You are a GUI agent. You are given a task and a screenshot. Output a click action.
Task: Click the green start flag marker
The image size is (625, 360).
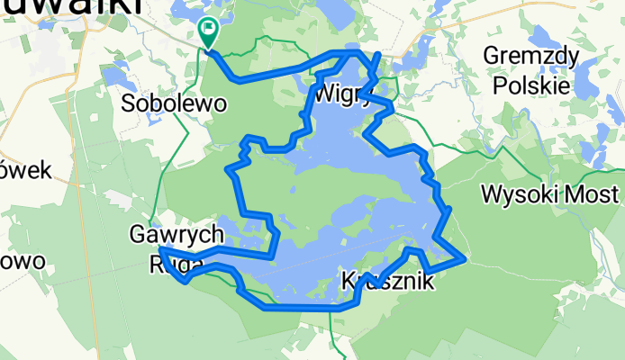[x=208, y=31]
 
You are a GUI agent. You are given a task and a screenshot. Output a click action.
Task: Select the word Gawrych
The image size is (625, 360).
[x=176, y=236]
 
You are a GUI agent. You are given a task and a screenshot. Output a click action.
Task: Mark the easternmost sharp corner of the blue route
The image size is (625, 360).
[x=465, y=259]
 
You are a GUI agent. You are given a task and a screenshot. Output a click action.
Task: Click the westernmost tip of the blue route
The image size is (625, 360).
[x=159, y=248]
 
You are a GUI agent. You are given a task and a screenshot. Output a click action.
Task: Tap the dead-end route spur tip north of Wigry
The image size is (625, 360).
[x=378, y=56]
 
